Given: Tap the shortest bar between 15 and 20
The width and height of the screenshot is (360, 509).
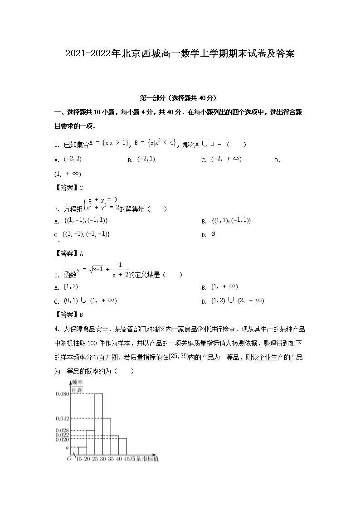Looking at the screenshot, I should tap(82, 450).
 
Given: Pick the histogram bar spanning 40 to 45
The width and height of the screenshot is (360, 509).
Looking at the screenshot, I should tap(122, 446).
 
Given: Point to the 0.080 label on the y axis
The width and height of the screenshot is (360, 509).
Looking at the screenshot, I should tap(62, 393).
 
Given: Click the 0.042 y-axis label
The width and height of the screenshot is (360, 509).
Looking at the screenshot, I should tap(62, 418).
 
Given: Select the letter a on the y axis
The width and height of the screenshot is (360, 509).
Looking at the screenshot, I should tap(67, 447).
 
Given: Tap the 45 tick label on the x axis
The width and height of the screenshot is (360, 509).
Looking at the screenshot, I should tap(126, 459).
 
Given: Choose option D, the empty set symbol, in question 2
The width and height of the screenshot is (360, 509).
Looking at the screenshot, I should tap(214, 234).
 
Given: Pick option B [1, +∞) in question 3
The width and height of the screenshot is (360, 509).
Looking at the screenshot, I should tap(224, 286).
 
